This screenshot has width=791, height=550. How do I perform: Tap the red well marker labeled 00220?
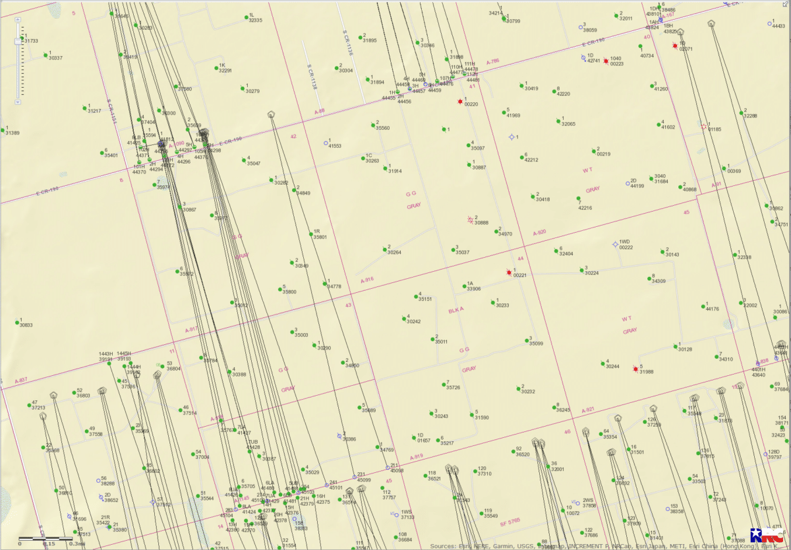click(x=460, y=102)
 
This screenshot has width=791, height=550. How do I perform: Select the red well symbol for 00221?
click(x=509, y=272)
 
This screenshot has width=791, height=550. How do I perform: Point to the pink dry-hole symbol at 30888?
click(x=470, y=220)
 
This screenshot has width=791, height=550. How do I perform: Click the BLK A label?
click(x=456, y=309)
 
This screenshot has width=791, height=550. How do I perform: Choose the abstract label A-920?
click(x=539, y=232)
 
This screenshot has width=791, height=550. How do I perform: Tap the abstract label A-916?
click(x=367, y=280)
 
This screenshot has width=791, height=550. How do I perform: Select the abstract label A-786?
click(x=493, y=61)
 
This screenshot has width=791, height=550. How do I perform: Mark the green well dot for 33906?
click(x=463, y=286)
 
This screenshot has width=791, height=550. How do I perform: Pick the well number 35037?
click(x=462, y=253)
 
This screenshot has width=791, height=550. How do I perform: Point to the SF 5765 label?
click(x=510, y=521)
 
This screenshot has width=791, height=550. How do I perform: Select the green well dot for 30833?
click(x=16, y=322)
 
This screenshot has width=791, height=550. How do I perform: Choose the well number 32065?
click(x=568, y=124)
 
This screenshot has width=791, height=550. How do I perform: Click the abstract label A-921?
click(x=587, y=410)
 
